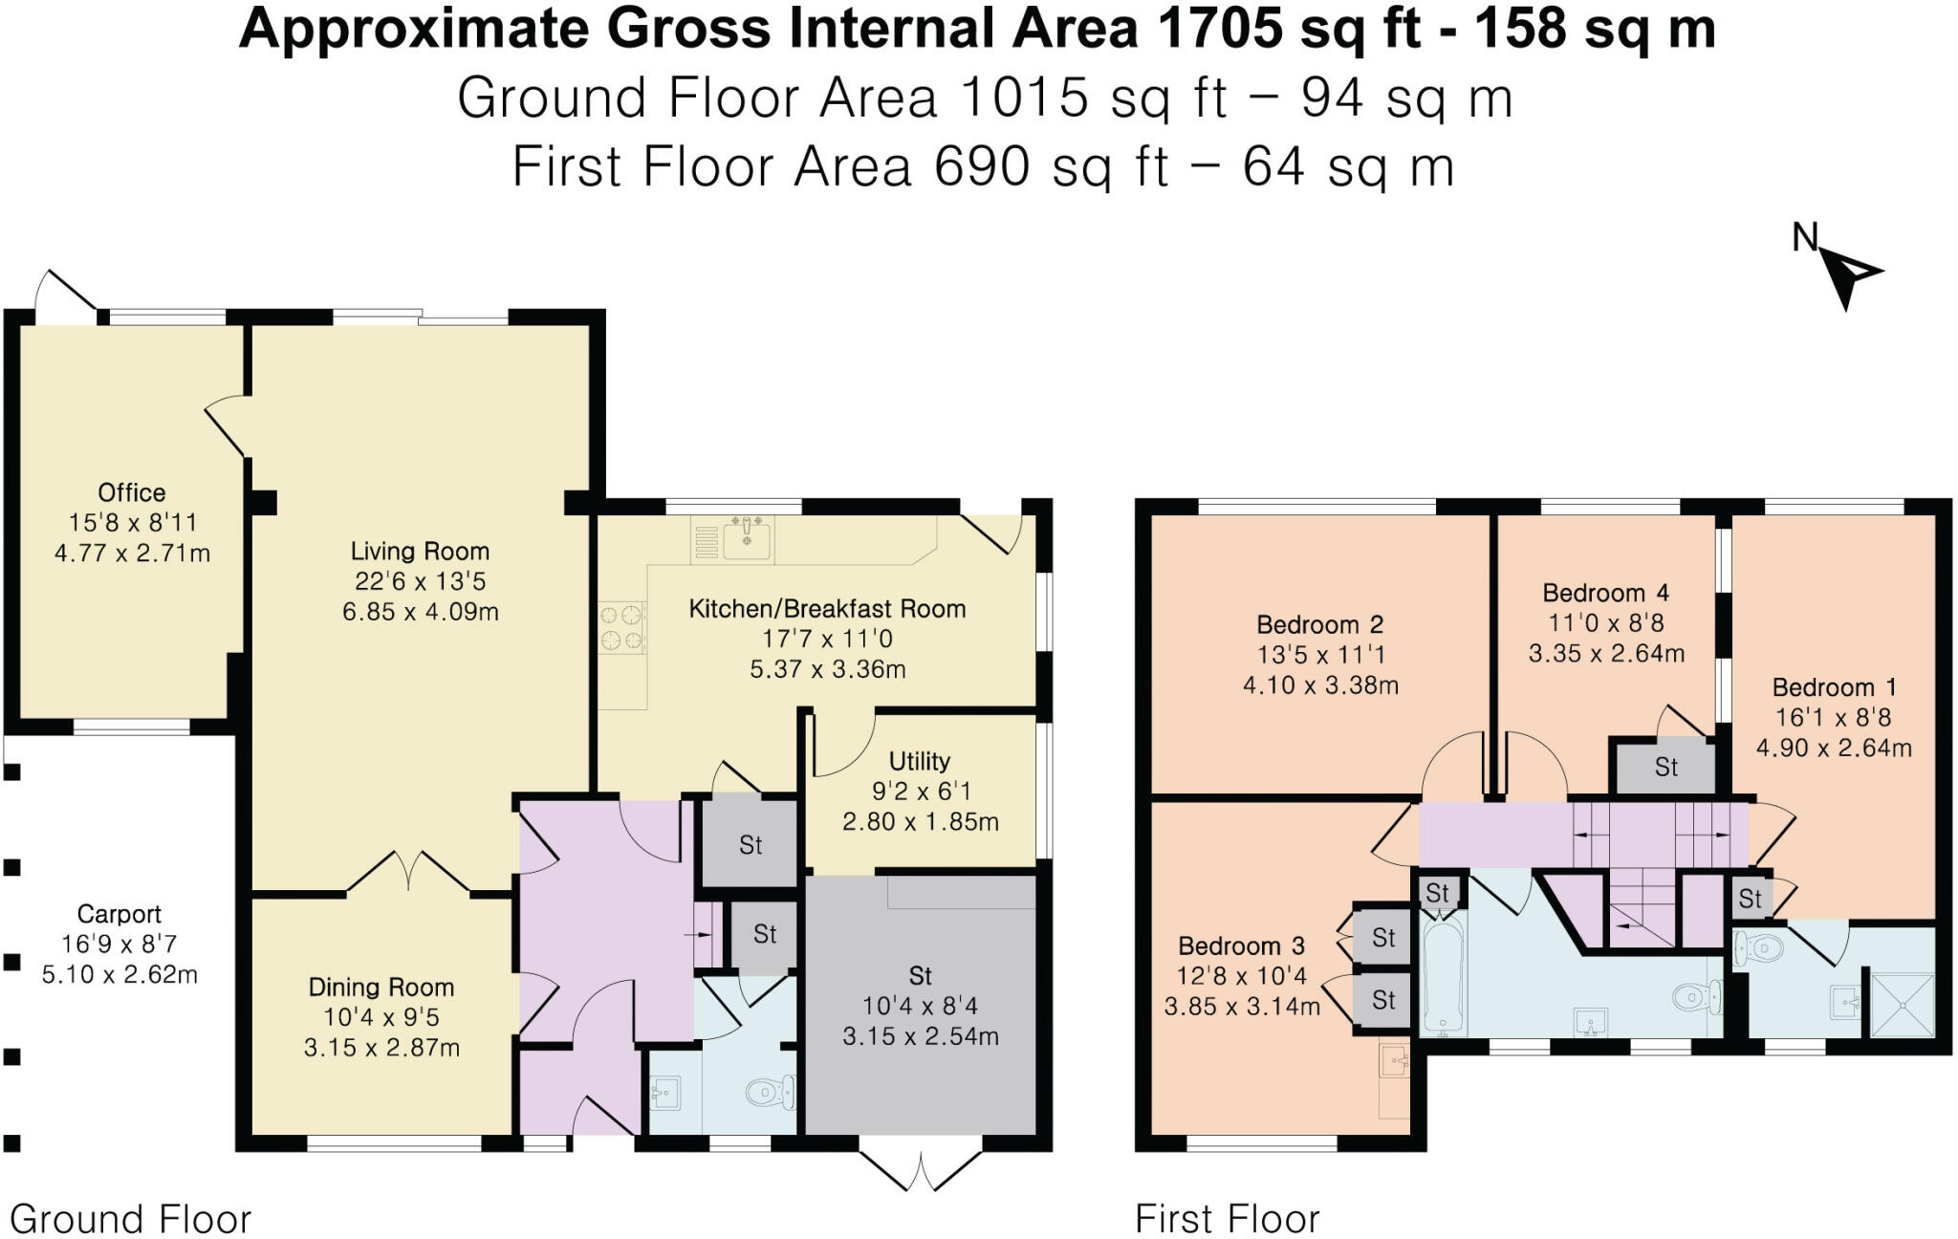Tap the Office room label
[x=131, y=492]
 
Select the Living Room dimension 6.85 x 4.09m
[x=420, y=612]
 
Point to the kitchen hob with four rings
[x=622, y=627]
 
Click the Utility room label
[x=919, y=761]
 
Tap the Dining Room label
[x=381, y=987]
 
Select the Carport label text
[x=119, y=914]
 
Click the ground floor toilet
[x=769, y=1092]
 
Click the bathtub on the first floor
[x=1442, y=973]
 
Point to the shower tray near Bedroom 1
[x=1901, y=1004]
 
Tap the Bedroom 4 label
[x=1605, y=593]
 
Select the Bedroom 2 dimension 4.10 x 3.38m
[x=1320, y=685]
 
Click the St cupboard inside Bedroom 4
[x=1665, y=767]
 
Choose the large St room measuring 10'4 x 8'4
[x=920, y=1005]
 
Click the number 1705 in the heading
[x=1217, y=29]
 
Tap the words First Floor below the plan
[x=1227, y=1219]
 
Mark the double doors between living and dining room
[x=408, y=870]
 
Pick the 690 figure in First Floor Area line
[x=982, y=166]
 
